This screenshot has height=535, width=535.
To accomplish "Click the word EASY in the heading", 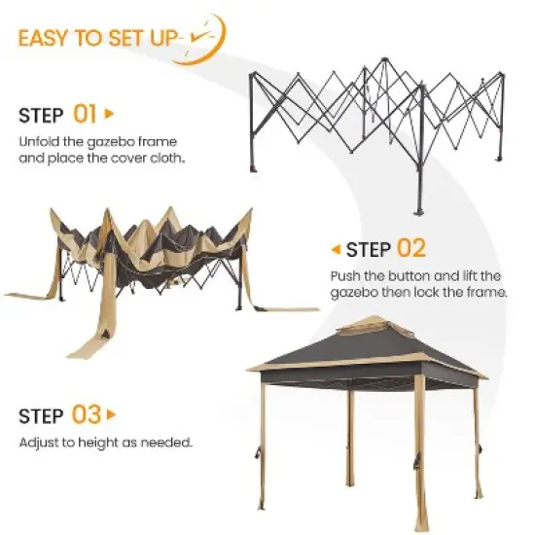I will coord(44,38).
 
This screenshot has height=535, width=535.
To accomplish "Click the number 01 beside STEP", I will coord(85,115).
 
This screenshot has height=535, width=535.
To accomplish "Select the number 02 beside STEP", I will coord(410,249).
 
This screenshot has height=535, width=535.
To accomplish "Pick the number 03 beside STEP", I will coord(87,415).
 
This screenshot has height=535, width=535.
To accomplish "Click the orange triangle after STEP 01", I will coord(109,115).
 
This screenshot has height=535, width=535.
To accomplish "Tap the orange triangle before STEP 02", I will coord(336,249).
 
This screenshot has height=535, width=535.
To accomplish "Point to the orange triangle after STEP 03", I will coord(112,415).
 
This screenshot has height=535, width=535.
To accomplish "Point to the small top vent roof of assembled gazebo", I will coord(369,327).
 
